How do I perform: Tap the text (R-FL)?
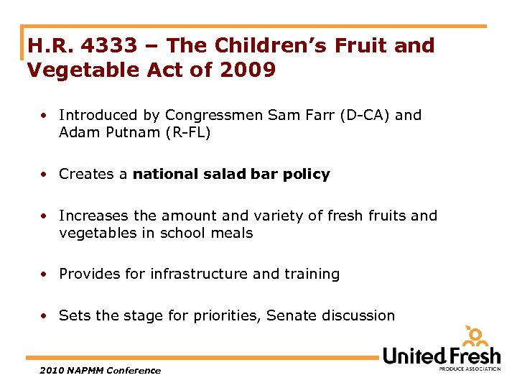189,133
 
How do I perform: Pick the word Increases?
91,216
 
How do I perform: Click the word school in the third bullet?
188,233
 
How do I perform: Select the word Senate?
289,315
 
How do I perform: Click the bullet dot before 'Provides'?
45,274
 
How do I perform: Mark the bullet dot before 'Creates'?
45,174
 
